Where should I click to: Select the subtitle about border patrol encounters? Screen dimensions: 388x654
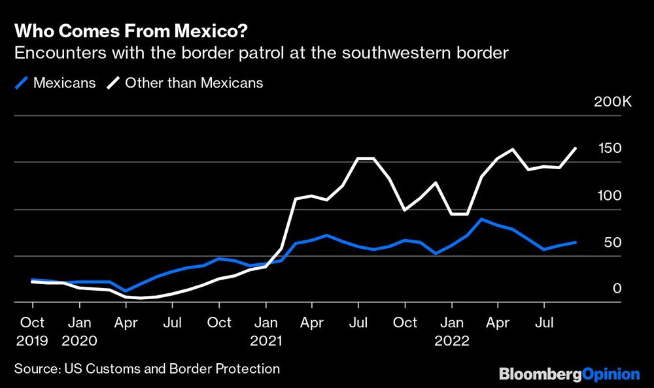pos(261,54)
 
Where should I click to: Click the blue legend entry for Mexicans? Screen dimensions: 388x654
pos(56,83)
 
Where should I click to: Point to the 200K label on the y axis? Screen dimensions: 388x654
pos(612,102)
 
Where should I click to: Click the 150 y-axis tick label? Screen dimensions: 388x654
pos(610,149)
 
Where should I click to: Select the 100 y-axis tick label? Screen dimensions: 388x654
pos(610,196)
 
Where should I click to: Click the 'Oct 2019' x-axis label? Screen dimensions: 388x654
pos(32,331)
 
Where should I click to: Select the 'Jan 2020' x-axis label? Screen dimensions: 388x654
pos(79,331)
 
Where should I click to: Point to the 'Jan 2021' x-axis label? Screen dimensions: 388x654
pos(266,331)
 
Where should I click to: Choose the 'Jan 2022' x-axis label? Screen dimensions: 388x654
pos(451,331)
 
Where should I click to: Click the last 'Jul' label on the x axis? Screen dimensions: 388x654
pos(543,322)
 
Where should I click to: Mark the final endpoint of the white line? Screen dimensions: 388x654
pos(576,148)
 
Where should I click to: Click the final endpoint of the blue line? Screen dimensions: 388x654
pos(576,242)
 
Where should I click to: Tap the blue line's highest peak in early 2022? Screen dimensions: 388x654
pos(482,219)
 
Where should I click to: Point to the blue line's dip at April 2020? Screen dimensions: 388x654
pos(126,291)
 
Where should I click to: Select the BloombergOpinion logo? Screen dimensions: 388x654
pos(569,374)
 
